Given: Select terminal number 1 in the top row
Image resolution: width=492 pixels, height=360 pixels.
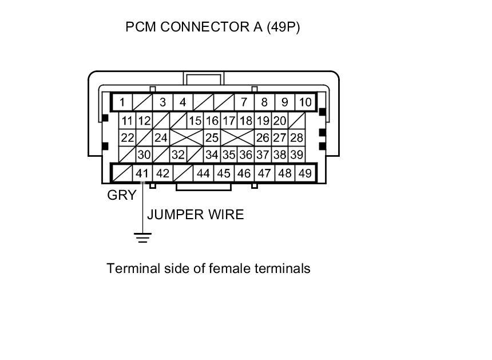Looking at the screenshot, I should pos(122,102).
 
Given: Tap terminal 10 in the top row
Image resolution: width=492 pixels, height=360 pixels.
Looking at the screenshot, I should pos(305,102).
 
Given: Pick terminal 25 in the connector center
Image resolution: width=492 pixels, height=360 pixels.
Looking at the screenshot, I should pos(212,138).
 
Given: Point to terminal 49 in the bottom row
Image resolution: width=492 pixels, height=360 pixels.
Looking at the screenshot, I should pos(305,173).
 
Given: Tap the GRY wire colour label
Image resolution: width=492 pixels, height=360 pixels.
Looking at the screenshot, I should pos(122,195).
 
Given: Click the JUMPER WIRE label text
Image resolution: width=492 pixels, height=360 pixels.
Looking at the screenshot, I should pos(196,215).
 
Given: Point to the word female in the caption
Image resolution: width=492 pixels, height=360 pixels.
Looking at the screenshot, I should pos(227,268).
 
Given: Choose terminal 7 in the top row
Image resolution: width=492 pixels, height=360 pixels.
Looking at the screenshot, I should pos(244,102).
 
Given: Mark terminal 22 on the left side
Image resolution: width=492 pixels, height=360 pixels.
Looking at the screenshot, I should pos(127,138).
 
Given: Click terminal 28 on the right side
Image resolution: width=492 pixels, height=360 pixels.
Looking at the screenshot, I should pos(296,138).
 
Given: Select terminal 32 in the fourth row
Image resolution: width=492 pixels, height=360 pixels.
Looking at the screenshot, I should pos(178,155).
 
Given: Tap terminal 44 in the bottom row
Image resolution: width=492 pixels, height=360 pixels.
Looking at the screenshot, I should pos(203,173).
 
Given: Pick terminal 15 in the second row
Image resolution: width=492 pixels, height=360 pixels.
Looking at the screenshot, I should pos(195,121).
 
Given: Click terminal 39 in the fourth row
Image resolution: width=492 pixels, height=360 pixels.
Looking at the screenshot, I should pos(296,155).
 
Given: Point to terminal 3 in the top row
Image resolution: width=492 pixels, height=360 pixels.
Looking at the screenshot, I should pos(162,102).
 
